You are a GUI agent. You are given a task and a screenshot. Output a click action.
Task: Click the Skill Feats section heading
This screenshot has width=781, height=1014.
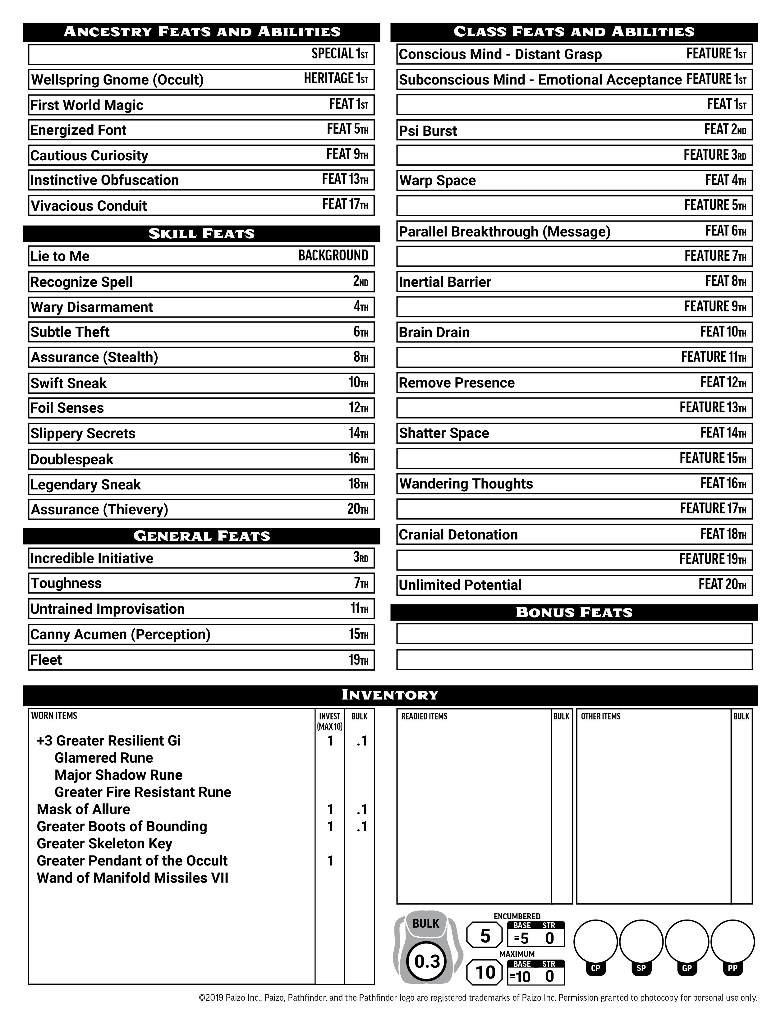click(201, 234)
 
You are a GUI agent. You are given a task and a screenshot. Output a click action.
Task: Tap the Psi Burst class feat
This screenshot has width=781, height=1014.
click(428, 131)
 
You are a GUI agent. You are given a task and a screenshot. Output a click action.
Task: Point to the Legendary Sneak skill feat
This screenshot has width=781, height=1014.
click(85, 485)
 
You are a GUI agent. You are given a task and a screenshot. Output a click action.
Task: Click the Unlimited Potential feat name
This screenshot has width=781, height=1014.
click(460, 585)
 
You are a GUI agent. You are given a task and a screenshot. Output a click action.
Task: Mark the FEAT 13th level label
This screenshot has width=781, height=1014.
click(345, 179)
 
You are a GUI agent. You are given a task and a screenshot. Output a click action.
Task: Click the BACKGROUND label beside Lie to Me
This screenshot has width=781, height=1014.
click(333, 256)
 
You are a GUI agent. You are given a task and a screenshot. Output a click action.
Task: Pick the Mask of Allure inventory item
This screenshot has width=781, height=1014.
click(84, 809)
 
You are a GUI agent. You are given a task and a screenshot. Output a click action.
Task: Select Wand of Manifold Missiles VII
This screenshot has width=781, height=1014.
click(132, 878)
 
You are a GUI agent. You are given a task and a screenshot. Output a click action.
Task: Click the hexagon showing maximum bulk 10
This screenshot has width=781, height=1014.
click(485, 972)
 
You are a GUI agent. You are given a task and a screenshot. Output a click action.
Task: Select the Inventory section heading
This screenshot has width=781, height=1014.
click(390, 695)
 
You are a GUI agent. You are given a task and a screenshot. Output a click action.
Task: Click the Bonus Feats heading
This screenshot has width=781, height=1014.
click(574, 613)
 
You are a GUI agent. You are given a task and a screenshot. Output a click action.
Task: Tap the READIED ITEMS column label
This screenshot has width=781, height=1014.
click(424, 716)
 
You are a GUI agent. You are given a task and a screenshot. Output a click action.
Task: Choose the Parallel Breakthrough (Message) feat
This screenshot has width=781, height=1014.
click(504, 232)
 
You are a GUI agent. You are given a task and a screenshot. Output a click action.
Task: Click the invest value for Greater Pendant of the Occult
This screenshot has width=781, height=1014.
click(330, 861)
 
